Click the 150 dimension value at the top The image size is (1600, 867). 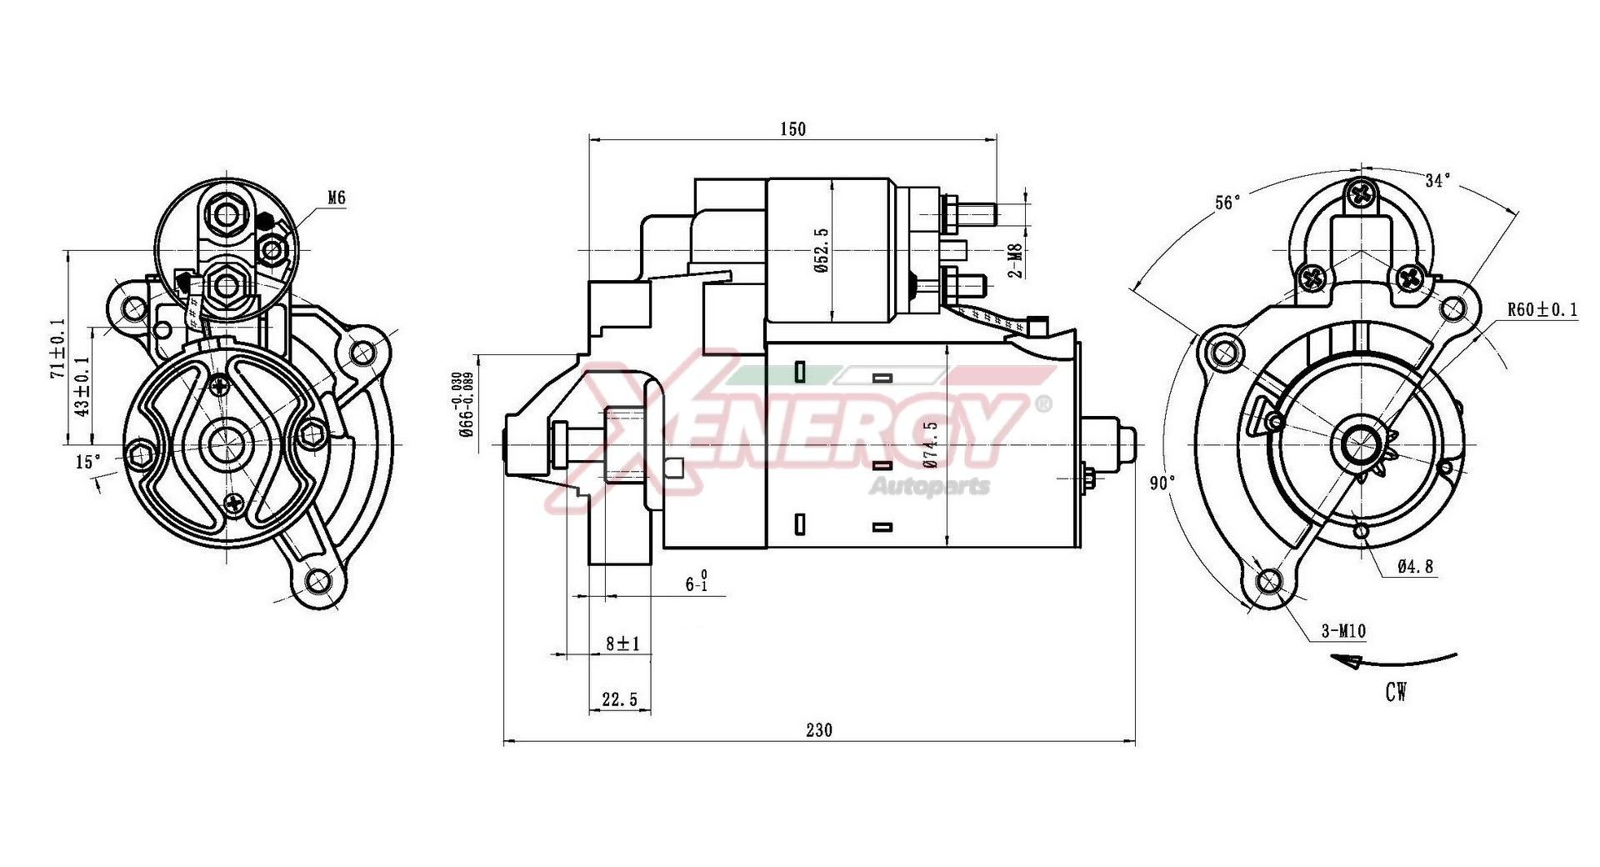pyautogui.click(x=792, y=128)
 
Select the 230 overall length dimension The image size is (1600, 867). pyautogui.click(x=818, y=730)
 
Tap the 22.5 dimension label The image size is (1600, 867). pyautogui.click(x=619, y=699)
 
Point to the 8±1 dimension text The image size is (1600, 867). pyautogui.click(x=622, y=644)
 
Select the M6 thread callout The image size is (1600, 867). pyautogui.click(x=336, y=198)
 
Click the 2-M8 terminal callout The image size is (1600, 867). pyautogui.click(x=1014, y=260)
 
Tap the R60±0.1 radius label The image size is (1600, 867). pyautogui.click(x=1542, y=310)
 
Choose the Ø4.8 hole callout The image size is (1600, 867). pyautogui.click(x=1415, y=567)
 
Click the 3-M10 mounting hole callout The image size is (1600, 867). pyautogui.click(x=1343, y=631)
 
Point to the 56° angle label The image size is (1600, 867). pyautogui.click(x=1227, y=203)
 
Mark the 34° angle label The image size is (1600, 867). pyautogui.click(x=1437, y=180)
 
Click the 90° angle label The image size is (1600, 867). pyautogui.click(x=1162, y=483)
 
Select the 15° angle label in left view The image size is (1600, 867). pyautogui.click(x=87, y=461)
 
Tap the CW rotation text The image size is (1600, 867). pyautogui.click(x=1396, y=691)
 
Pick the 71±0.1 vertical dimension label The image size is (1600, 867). pyautogui.click(x=57, y=348)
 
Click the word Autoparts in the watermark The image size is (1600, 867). pyautogui.click(x=929, y=485)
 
